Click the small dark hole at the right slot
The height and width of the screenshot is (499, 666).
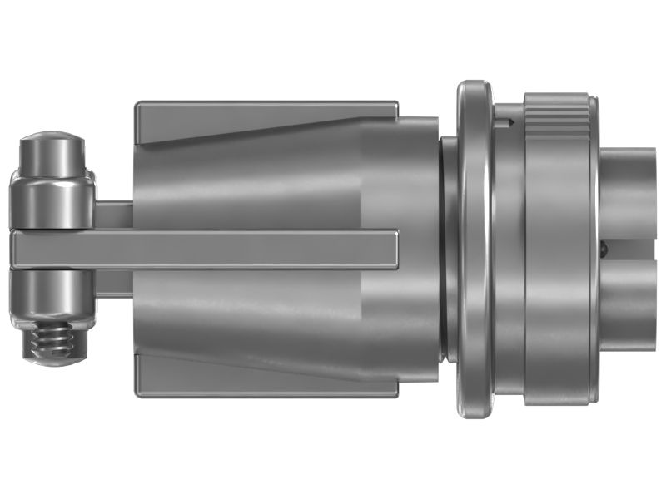click(604, 246)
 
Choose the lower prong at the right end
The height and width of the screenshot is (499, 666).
click(633, 304)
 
